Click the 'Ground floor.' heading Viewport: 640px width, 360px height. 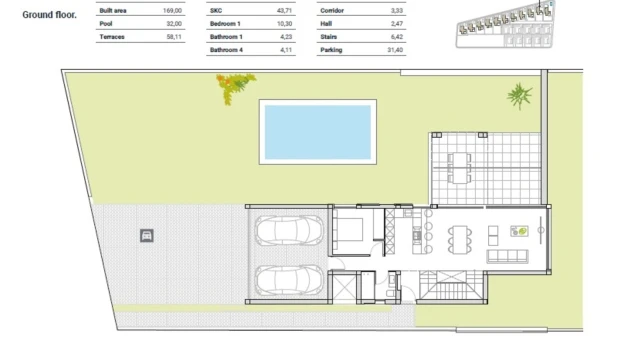[49, 15]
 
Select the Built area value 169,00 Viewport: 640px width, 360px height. [172, 11]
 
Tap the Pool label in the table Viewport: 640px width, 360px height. [106, 24]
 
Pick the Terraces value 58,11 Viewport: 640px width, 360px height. [174, 37]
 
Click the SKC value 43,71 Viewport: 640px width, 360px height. [284, 11]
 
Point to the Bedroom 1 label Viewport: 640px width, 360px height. [225, 24]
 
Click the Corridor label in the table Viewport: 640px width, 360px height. [332, 11]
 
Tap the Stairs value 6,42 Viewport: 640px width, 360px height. [397, 37]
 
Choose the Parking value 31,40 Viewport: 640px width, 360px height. [395, 50]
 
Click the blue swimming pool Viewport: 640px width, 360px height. [318, 132]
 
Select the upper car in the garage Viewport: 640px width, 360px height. [289, 230]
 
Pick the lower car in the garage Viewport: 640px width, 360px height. [289, 280]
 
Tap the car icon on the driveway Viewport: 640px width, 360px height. [147, 236]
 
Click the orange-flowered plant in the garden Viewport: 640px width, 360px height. [235, 87]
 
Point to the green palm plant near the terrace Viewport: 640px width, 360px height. [519, 96]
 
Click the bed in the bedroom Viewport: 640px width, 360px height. [348, 229]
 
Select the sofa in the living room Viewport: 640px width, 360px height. [507, 256]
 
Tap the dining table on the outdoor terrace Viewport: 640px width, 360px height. [460, 168]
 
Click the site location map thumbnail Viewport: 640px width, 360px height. [505, 24]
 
